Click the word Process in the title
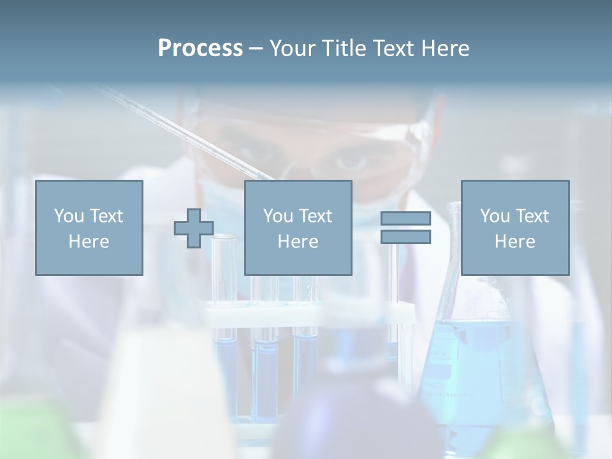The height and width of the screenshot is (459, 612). point(200,48)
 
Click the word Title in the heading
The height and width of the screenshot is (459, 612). point(344,48)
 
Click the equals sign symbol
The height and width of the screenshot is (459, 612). point(405,228)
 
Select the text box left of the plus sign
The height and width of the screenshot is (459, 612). point(89,228)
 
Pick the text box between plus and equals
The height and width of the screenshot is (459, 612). point(298,228)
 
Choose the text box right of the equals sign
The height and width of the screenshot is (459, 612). point(515,228)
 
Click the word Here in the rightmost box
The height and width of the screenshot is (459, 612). point(515,242)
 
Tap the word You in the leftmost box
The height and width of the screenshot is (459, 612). point(69,216)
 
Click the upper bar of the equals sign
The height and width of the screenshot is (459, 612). point(405,219)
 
